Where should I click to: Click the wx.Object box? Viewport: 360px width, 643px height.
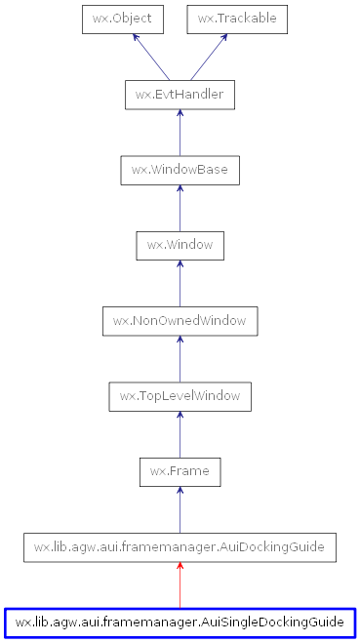click(x=123, y=19)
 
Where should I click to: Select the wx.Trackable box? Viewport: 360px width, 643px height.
click(x=237, y=19)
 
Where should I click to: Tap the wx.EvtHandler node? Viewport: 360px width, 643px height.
click(x=180, y=95)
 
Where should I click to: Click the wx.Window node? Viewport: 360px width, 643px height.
click(x=180, y=245)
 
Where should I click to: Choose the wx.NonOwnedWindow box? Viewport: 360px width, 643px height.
click(x=180, y=321)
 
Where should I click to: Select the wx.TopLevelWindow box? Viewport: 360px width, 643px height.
click(x=180, y=396)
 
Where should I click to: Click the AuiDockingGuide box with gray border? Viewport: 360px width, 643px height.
click(x=180, y=547)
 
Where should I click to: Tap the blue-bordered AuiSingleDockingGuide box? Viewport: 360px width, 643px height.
click(x=180, y=622)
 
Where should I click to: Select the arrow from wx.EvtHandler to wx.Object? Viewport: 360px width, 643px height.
click(x=152, y=58)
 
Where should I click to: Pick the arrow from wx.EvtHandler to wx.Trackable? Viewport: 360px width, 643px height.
click(x=209, y=58)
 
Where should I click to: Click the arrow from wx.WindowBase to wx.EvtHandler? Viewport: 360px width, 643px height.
click(x=180, y=133)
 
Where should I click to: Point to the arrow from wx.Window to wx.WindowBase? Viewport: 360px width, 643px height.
click(x=180, y=208)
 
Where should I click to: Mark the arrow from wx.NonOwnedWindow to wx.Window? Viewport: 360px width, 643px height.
click(x=180, y=283)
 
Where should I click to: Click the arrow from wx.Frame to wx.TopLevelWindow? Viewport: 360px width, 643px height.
click(x=180, y=434)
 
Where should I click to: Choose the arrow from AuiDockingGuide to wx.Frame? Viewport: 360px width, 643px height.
click(x=180, y=509)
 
